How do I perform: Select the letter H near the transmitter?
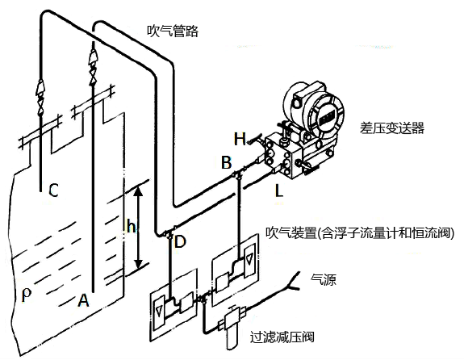(x=240, y=138)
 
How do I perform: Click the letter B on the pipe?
(x=227, y=164)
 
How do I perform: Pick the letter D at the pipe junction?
(x=179, y=241)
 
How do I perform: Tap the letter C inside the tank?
(x=52, y=190)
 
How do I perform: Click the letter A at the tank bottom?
(x=82, y=300)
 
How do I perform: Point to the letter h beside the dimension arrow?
(x=131, y=228)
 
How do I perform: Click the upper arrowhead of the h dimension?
(x=139, y=190)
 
